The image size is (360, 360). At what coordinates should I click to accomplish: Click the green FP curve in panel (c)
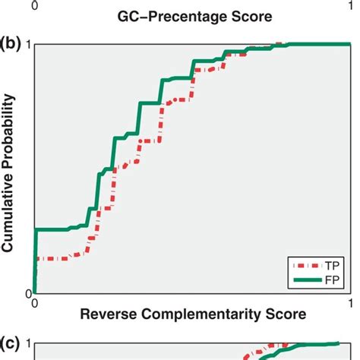(x=304, y=347)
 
